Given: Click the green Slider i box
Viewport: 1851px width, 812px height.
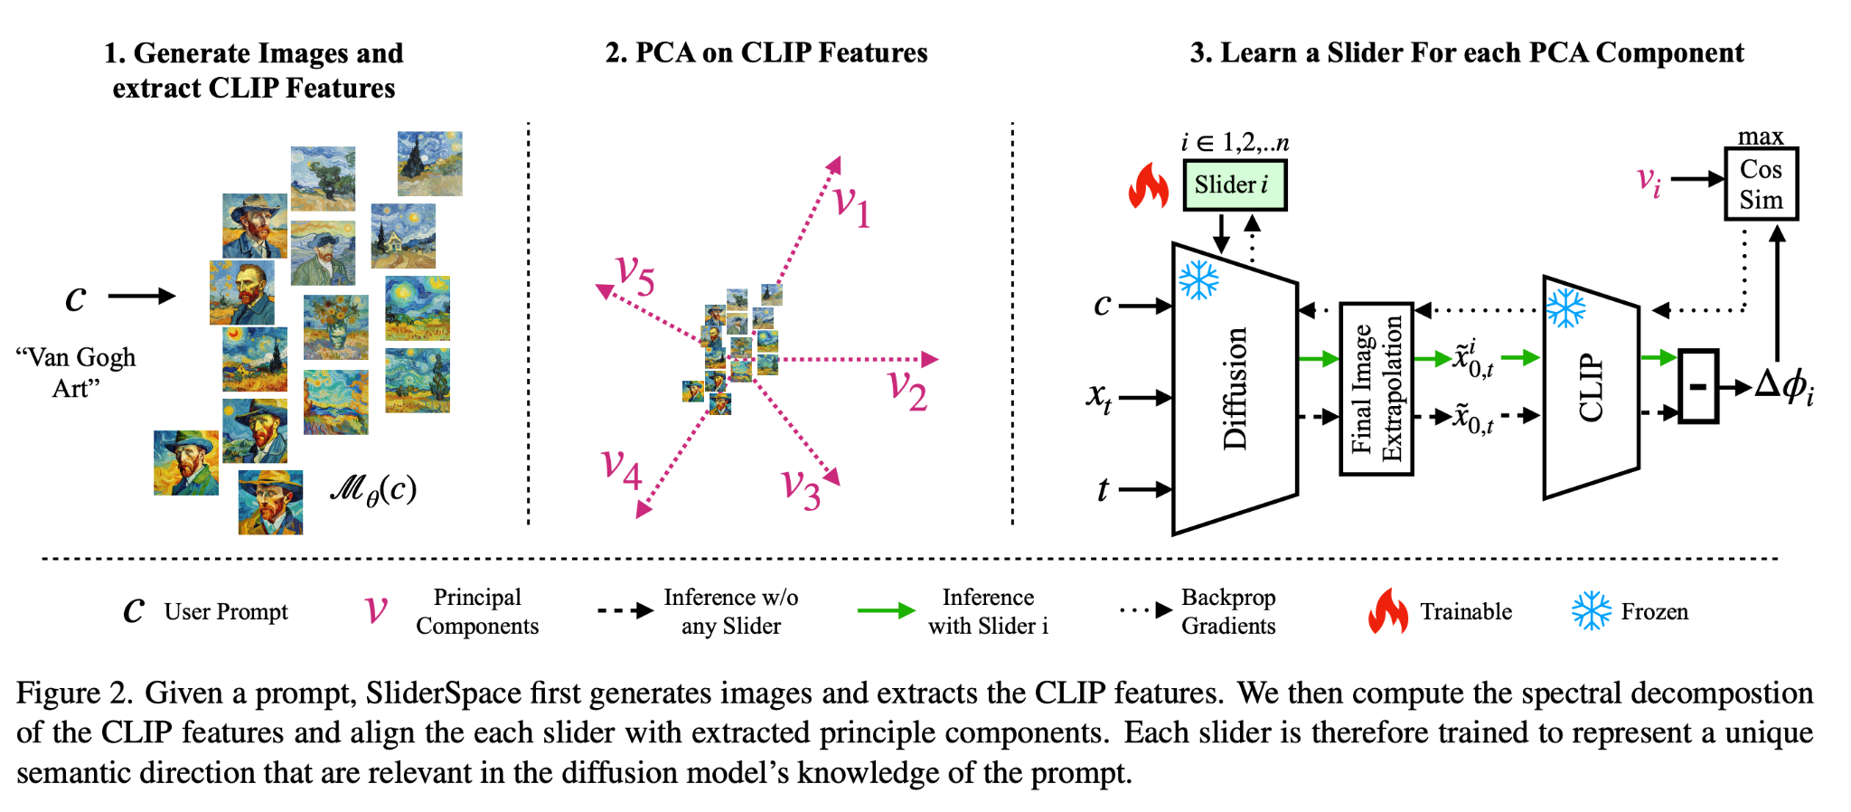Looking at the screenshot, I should coord(1234,185).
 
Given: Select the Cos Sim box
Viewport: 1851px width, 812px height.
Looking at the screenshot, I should coord(1761,184).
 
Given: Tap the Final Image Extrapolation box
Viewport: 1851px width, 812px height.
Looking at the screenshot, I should coord(1376,389).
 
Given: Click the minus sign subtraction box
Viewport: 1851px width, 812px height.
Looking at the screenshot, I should coord(1698,387).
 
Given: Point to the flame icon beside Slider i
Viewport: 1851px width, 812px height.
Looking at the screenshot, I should coord(1149,186).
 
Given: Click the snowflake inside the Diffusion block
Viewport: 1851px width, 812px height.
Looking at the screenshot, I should coord(1199,280).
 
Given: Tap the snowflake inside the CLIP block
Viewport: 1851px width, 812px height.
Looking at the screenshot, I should coord(1566,307).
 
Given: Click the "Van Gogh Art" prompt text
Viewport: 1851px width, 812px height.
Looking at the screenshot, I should coord(76,373).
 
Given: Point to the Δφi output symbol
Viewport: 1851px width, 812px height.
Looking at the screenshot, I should coord(1783,387).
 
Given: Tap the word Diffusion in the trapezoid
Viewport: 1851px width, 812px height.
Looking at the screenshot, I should coord(1235,389).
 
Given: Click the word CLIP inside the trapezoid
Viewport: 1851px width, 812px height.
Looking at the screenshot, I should coord(1591,387).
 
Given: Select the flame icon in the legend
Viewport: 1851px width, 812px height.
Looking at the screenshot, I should coord(1387,611).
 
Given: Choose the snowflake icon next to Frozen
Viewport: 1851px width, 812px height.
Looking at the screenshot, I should coord(1591,611).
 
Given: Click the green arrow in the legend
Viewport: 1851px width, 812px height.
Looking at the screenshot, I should coord(886,611).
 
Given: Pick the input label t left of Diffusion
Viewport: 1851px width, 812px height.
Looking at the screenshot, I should coord(1103,489).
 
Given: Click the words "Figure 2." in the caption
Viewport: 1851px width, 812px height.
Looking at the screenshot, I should coord(74,694).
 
